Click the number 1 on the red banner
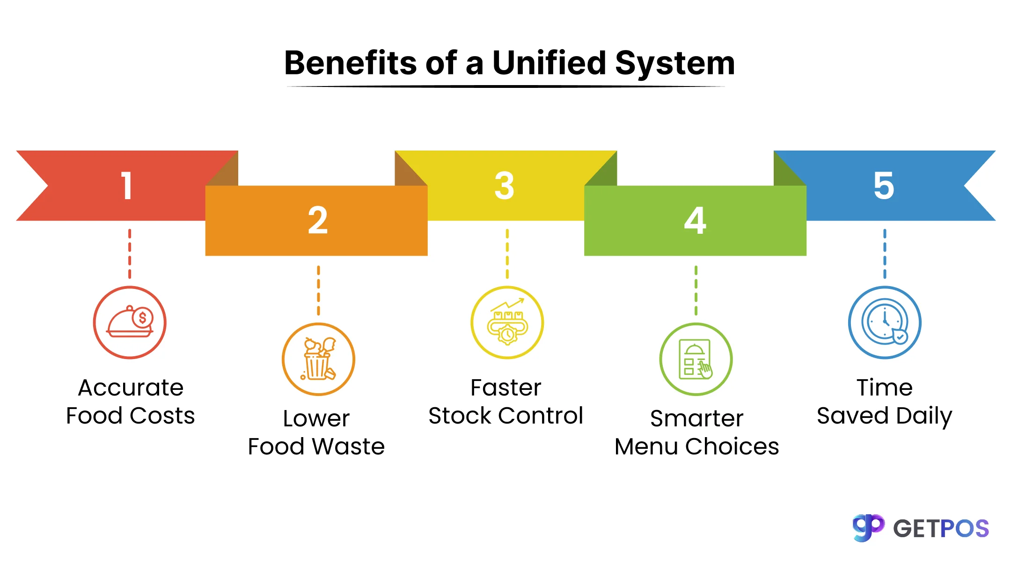(126, 186)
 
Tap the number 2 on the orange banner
(318, 220)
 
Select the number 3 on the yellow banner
(505, 186)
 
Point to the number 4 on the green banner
(695, 220)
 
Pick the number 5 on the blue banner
(884, 186)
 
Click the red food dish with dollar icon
(130, 323)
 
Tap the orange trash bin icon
(318, 359)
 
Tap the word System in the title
(675, 64)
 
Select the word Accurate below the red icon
(131, 388)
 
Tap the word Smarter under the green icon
(696, 418)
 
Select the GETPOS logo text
(941, 529)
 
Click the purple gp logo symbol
(868, 528)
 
